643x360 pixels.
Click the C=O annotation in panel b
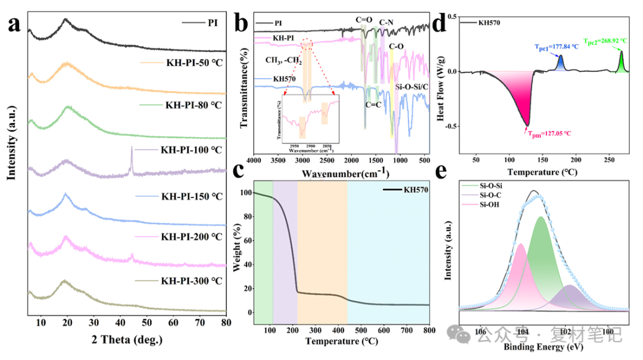click(364, 19)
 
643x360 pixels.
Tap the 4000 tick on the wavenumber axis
click(254, 160)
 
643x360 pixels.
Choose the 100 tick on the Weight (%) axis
click(245, 193)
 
